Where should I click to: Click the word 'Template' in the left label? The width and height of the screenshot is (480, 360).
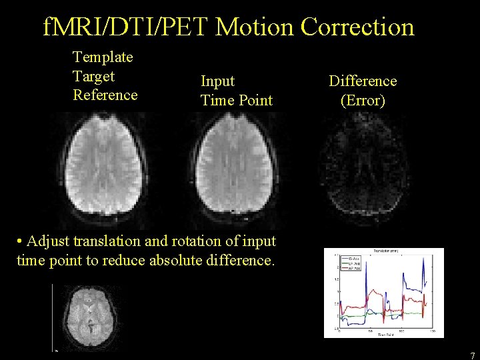[x=103, y=57]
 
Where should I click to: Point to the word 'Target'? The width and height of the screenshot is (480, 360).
[x=93, y=76]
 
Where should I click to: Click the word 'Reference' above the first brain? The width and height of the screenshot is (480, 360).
[x=105, y=95]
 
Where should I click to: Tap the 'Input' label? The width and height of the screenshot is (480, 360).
[x=217, y=81]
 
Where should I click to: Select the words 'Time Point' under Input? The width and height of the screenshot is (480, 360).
[x=237, y=100]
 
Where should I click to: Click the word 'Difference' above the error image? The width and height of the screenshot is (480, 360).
[x=362, y=81]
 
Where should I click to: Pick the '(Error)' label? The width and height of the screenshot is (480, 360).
[x=362, y=100]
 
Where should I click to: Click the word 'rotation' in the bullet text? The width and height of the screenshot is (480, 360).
[x=197, y=241]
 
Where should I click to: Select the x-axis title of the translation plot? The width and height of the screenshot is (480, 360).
[x=383, y=335]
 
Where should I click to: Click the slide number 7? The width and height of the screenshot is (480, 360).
[x=472, y=355]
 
